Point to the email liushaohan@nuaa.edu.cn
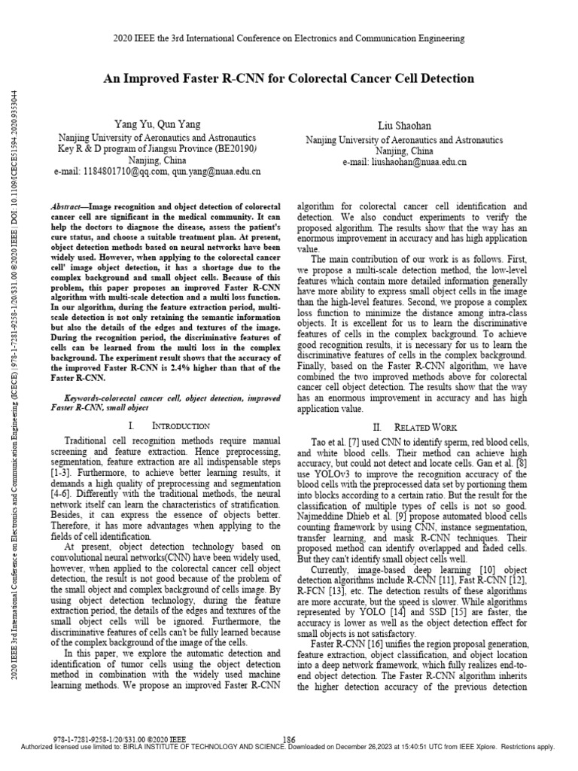pos(424,161)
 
